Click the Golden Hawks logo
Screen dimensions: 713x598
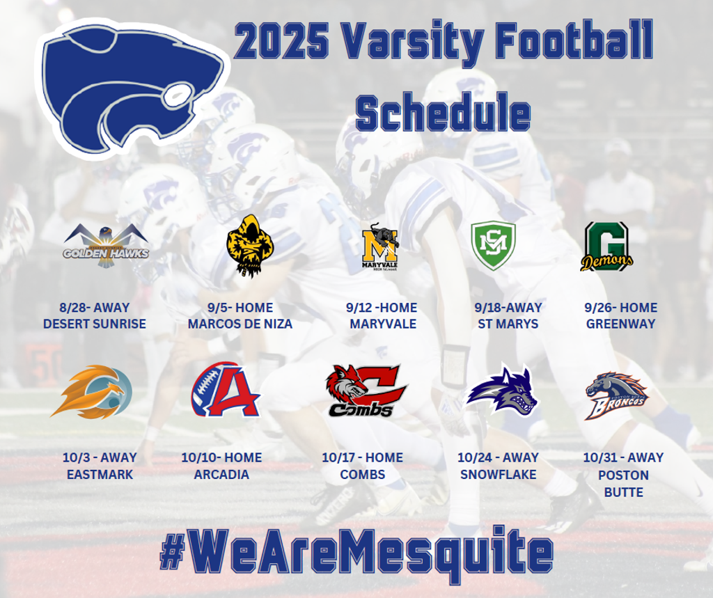tap(106, 246)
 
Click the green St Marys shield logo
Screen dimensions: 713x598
tap(494, 246)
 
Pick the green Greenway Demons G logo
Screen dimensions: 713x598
tap(606, 246)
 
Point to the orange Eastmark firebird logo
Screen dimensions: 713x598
tap(92, 391)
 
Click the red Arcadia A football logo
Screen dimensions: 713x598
tap(226, 389)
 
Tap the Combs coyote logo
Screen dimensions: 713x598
tap(366, 391)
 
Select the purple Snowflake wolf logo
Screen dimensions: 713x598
tap(502, 390)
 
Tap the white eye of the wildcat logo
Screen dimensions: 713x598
tap(177, 96)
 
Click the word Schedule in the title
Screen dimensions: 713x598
tap(444, 113)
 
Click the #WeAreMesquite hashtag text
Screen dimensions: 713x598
tap(356, 554)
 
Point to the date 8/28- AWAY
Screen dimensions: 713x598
tap(95, 308)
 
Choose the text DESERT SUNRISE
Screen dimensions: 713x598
tap(95, 324)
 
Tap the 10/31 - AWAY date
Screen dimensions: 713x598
tap(623, 457)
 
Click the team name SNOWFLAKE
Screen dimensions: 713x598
tap(499, 475)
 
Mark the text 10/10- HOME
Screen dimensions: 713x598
tap(221, 458)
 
